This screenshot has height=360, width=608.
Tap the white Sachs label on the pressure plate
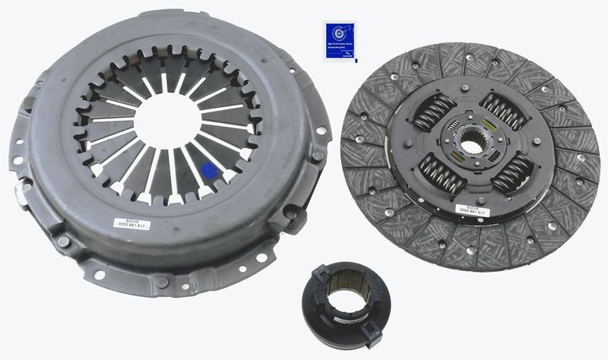(x=131, y=223)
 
